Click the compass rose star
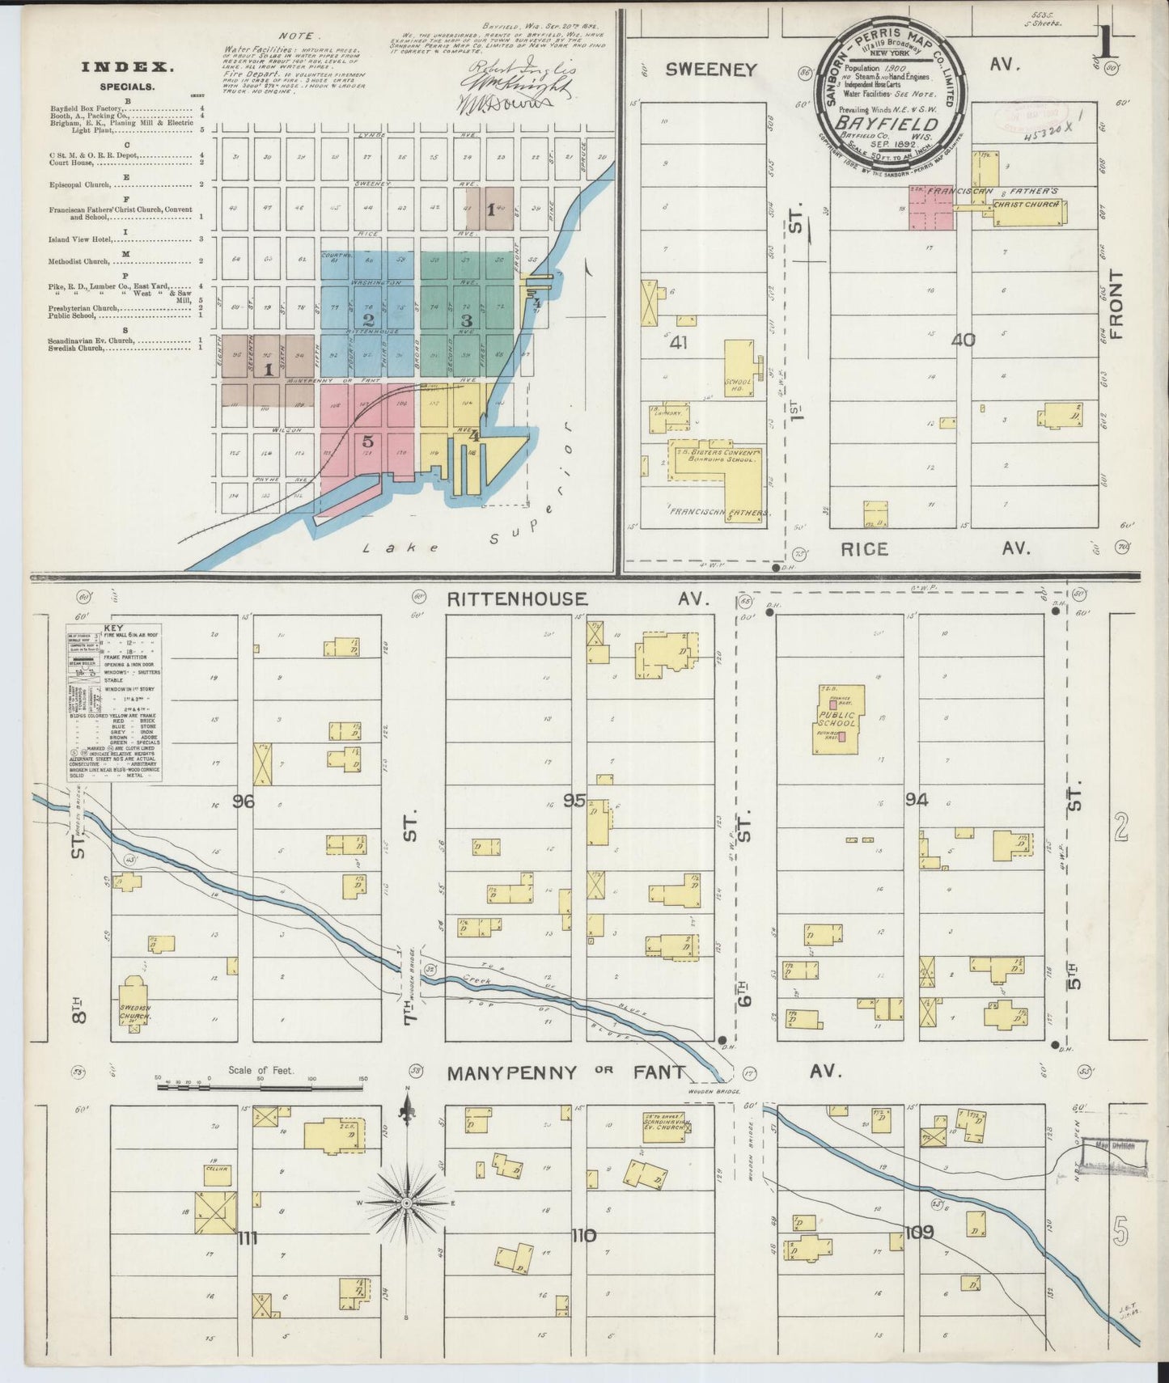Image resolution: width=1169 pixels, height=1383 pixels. (407, 1203)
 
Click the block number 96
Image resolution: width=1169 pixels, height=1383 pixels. (243, 801)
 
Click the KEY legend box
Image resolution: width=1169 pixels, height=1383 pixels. (114, 702)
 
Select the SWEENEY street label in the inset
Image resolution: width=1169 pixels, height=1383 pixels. (711, 70)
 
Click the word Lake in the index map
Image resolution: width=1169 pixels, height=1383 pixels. (379, 548)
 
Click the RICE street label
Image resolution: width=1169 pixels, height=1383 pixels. (864, 548)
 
